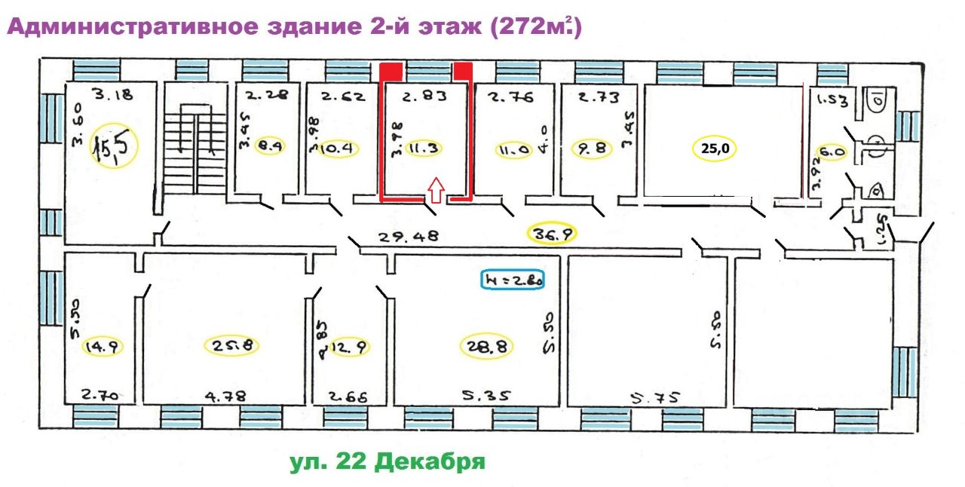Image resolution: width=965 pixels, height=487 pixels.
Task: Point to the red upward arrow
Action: click(x=435, y=191)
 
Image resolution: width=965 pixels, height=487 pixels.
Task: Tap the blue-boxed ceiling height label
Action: click(x=513, y=280)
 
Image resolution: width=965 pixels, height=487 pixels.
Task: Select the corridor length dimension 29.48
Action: click(x=409, y=237)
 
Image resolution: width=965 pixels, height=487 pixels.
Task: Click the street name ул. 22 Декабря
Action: click(x=387, y=461)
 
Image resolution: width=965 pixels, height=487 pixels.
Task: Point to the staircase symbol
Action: click(x=194, y=142)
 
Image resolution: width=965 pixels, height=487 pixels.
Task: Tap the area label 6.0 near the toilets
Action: click(x=832, y=150)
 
